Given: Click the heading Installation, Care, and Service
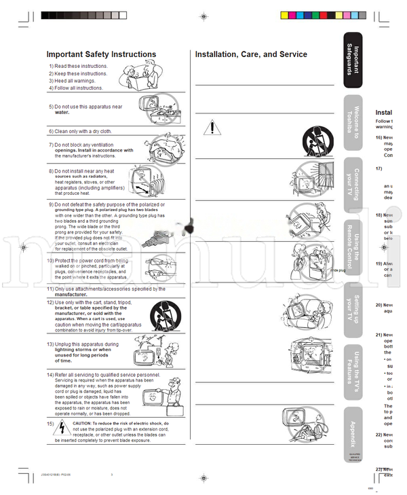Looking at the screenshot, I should pos(251,54).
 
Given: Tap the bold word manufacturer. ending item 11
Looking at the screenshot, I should pos(71,295).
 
